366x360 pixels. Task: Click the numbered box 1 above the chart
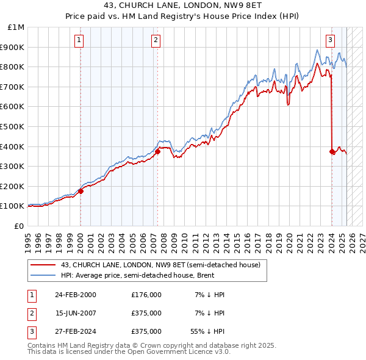(80, 41)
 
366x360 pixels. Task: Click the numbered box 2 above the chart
(156, 41)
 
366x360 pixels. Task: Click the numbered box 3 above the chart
(330, 41)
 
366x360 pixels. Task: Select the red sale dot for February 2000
(81, 191)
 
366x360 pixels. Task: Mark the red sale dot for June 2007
(157, 151)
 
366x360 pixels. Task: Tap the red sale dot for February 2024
(332, 151)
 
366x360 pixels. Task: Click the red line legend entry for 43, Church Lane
(160, 265)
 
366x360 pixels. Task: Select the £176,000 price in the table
(146, 295)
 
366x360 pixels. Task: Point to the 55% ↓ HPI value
(207, 331)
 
